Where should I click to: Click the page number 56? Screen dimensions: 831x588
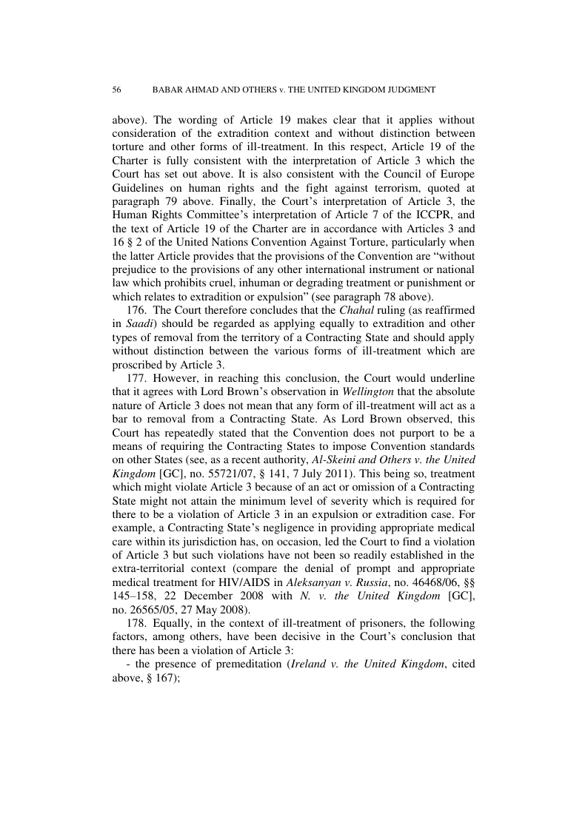tap(116, 90)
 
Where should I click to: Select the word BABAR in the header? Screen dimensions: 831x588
tap(169, 90)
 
